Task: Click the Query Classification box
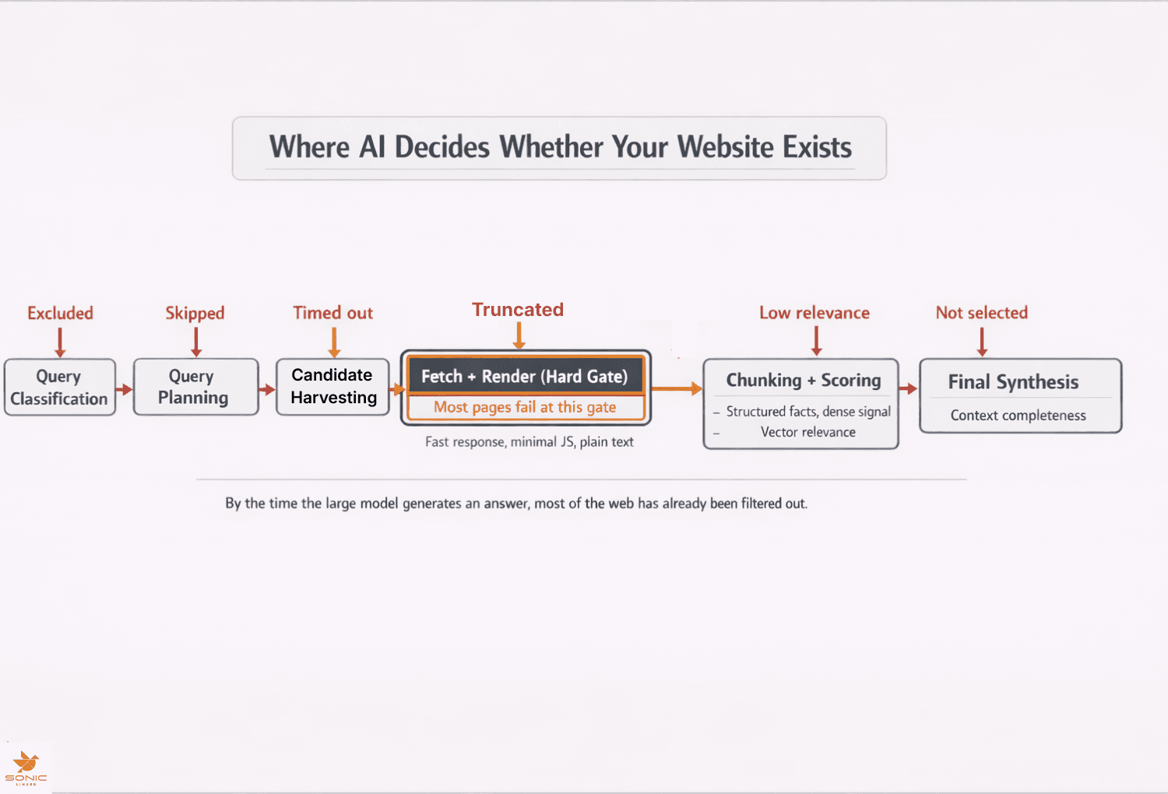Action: (60, 387)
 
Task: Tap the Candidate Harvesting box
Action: (332, 387)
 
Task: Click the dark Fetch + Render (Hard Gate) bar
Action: (525, 377)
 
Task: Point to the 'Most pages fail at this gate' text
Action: (525, 407)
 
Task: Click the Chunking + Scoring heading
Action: (803, 380)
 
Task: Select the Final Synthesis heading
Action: (1013, 381)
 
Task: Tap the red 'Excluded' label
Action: (60, 313)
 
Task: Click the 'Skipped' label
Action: (195, 313)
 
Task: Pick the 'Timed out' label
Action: (332, 313)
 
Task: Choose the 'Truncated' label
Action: (518, 310)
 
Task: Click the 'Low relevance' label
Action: (814, 313)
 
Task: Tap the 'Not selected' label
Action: (981, 313)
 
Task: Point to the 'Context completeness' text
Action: (1018, 416)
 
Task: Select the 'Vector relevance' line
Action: (807, 432)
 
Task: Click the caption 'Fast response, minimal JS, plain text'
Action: (529, 442)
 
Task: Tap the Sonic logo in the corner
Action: (26, 768)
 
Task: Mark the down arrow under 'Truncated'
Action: (519, 336)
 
